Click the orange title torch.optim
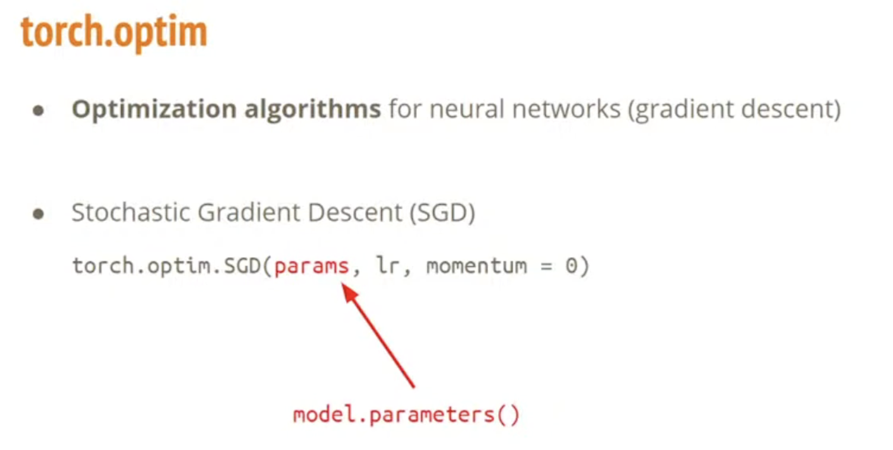[114, 32]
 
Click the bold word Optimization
[154, 109]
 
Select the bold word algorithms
[312, 109]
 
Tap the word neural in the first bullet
[467, 109]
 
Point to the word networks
[566, 109]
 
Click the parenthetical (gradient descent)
[734, 109]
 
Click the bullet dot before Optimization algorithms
[38, 111]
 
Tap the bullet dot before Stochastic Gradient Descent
[38, 213]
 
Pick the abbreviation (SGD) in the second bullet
[442, 213]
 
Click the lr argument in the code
[388, 265]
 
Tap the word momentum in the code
[476, 266]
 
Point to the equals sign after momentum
[546, 266]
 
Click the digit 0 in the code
[571, 266]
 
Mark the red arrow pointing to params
[378, 336]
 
